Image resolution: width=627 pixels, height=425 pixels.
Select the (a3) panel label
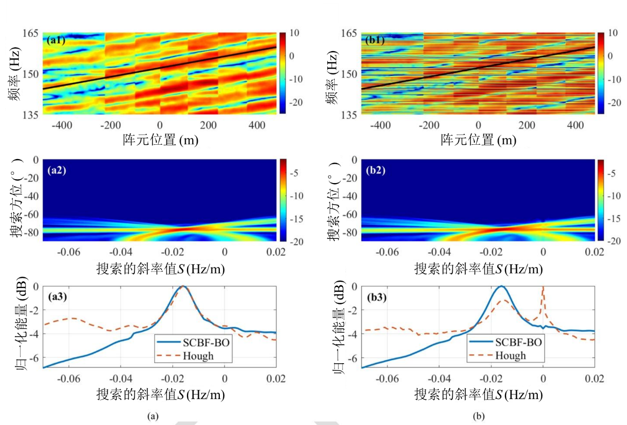pos(55,296)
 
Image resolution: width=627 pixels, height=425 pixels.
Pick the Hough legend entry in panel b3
pos(510,355)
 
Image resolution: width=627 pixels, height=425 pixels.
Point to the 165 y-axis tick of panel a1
pos(30,33)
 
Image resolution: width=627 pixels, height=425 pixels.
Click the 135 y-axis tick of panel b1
pos(349,115)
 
